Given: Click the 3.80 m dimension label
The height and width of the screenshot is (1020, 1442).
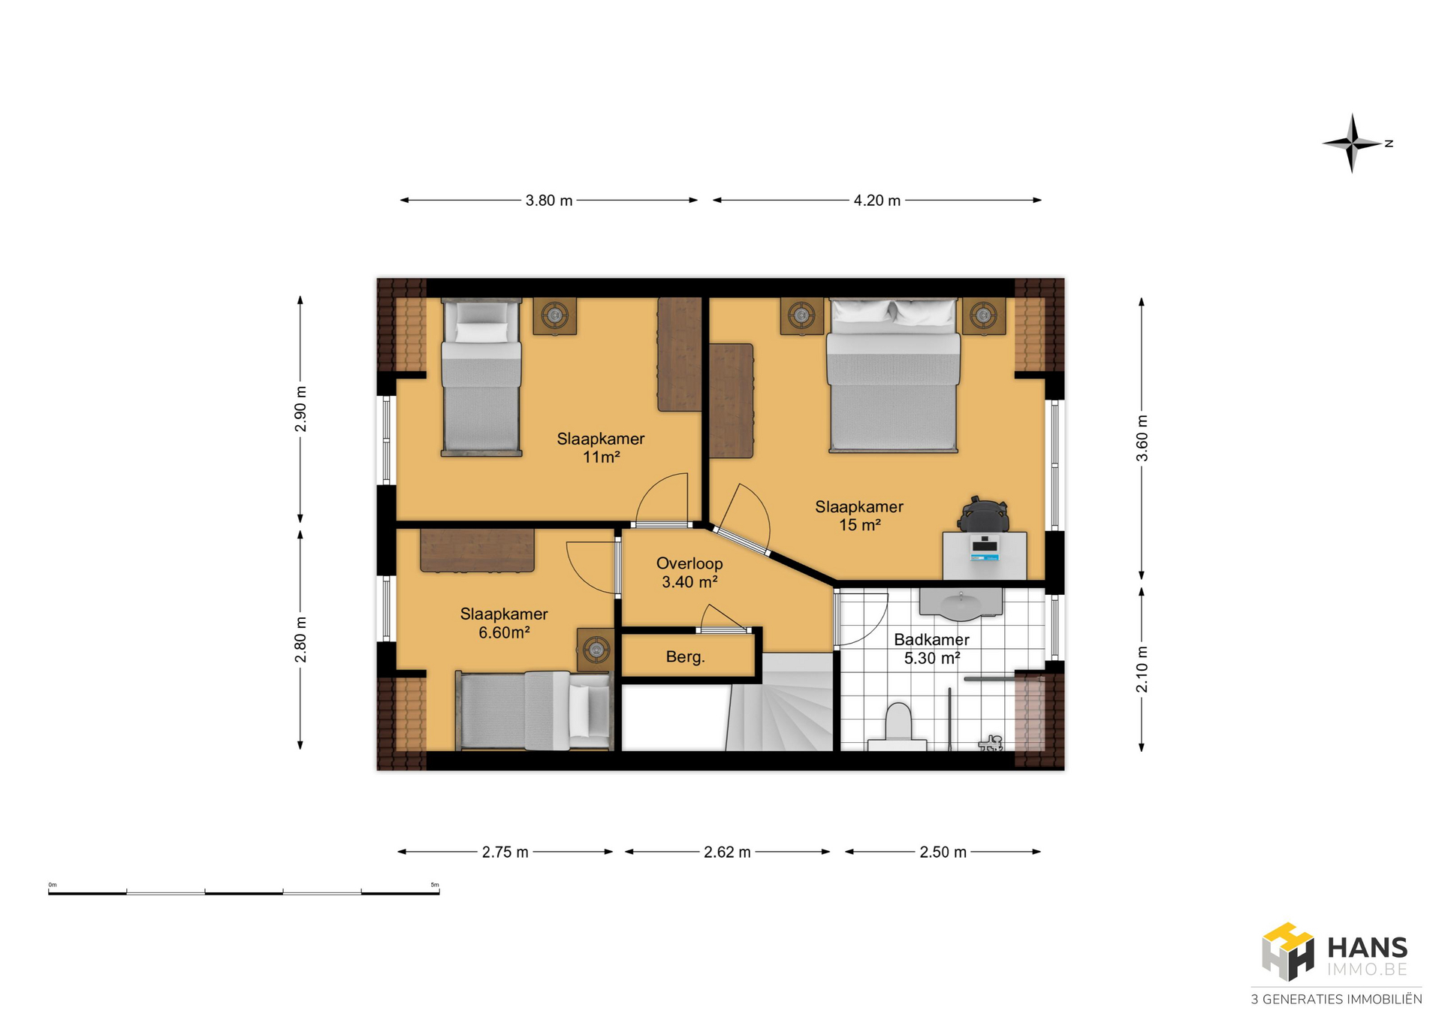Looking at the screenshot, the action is pyautogui.click(x=549, y=201).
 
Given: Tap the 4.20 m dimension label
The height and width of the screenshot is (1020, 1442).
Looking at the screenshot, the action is pyautogui.click(x=876, y=201).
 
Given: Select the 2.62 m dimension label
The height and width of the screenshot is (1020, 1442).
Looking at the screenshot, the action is pyautogui.click(x=727, y=852).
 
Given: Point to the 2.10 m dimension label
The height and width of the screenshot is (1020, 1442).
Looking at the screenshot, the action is pyautogui.click(x=1142, y=669).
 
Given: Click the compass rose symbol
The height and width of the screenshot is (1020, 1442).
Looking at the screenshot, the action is pyautogui.click(x=1352, y=143).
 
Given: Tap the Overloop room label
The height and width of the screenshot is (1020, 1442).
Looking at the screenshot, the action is pyautogui.click(x=689, y=563).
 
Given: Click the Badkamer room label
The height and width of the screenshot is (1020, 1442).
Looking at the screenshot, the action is pyautogui.click(x=931, y=639).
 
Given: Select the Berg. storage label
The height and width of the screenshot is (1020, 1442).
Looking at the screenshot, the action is pyautogui.click(x=685, y=656).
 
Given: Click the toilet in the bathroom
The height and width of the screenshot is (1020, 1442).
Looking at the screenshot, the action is pyautogui.click(x=897, y=726).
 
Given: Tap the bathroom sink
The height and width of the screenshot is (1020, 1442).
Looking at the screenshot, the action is pyautogui.click(x=961, y=604).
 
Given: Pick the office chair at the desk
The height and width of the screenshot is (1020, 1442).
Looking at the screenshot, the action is pyautogui.click(x=983, y=514).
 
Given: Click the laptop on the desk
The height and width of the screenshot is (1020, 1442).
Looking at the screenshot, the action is pyautogui.click(x=984, y=548).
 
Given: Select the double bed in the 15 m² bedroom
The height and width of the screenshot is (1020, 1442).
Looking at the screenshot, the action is pyautogui.click(x=893, y=376).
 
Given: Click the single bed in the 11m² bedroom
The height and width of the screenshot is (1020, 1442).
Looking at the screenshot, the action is pyautogui.click(x=481, y=377).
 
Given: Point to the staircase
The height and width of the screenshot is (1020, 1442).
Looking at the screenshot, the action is pyautogui.click(x=781, y=702).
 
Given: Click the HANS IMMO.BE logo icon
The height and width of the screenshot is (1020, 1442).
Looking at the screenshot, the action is pyautogui.click(x=1287, y=952).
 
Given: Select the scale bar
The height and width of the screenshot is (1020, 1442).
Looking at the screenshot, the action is pyautogui.click(x=244, y=892).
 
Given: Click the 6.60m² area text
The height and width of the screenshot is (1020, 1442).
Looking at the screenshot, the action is pyautogui.click(x=504, y=632).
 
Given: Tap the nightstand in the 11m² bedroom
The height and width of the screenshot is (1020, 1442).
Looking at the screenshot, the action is pyautogui.click(x=555, y=316).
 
